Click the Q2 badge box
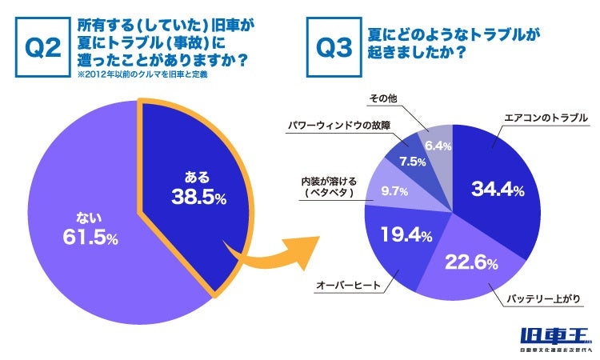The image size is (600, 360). (44, 49)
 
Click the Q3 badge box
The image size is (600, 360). (334, 49)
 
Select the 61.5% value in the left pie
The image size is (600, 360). (90, 238)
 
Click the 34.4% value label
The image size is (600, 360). (498, 190)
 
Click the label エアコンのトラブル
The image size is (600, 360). (546, 118)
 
